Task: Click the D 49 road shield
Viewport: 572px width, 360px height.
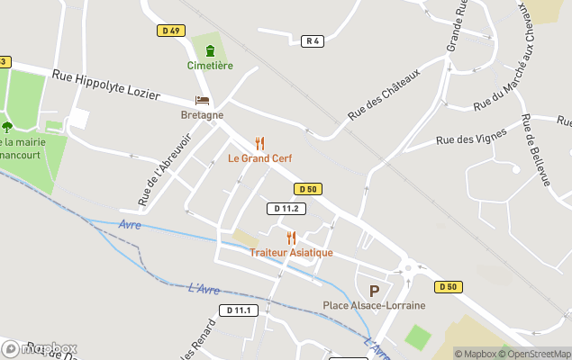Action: click(168, 31)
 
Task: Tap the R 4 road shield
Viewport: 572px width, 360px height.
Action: click(313, 40)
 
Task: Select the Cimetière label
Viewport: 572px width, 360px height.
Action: click(210, 66)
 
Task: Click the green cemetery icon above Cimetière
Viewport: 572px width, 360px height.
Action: click(210, 49)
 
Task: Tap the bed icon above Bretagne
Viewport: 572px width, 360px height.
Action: click(202, 100)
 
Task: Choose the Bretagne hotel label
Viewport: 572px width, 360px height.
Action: click(202, 115)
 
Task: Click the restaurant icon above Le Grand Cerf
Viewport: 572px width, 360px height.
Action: click(259, 143)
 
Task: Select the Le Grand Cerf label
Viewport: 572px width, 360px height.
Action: click(259, 158)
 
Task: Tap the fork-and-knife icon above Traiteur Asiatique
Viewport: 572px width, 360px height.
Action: click(291, 238)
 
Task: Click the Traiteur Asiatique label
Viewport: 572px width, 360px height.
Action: click(291, 253)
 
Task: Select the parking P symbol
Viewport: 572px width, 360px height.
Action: click(374, 291)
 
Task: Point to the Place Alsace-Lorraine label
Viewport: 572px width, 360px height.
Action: click(374, 306)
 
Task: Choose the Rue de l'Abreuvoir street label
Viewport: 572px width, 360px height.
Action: click(152, 170)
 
